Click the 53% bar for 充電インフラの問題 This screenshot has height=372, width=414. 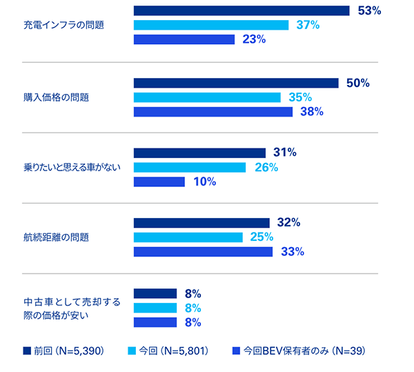pos(241,10)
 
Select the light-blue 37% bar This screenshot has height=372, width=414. pos(210,25)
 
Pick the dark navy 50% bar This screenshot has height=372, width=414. pos(235,83)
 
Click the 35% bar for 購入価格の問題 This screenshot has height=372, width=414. pos(206,97)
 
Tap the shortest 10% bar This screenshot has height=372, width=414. pos(159,182)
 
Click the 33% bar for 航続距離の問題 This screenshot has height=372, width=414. pos(203,251)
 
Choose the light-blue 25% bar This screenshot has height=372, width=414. pos(188,237)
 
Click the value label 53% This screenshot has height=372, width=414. pos(369,10)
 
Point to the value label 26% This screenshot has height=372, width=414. pos(266,167)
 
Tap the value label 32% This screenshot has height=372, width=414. pos(288,222)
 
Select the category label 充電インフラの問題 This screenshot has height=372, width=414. pos(63,26)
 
